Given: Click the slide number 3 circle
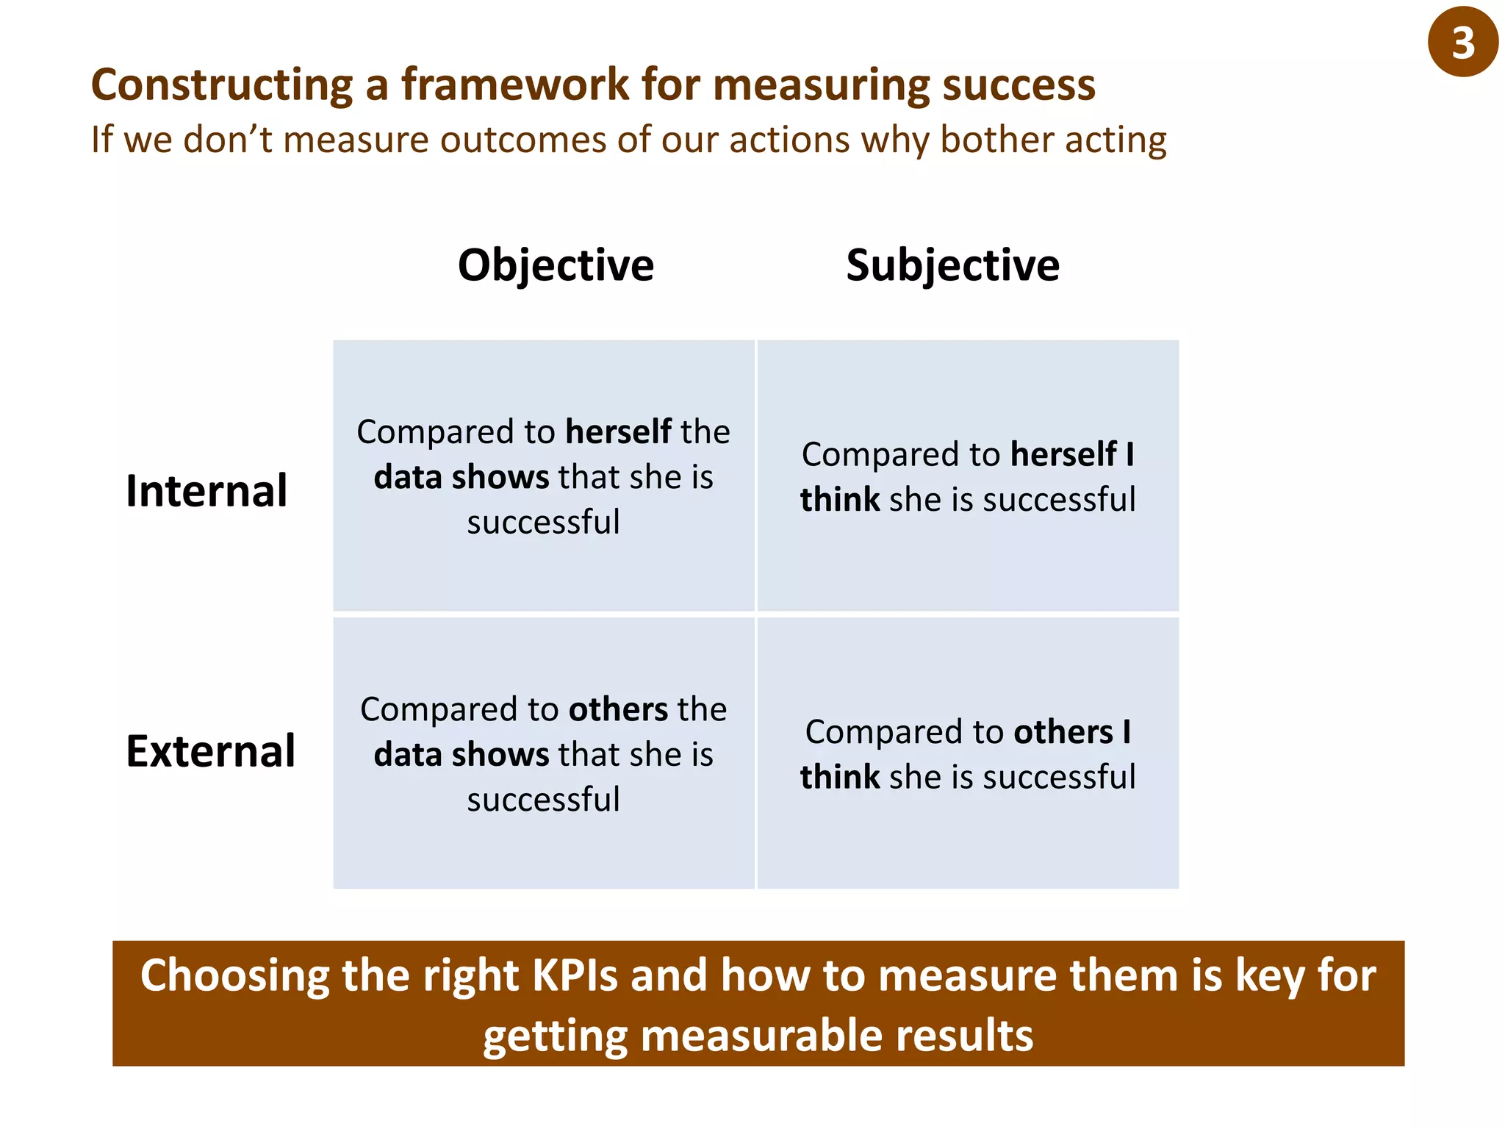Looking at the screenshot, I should (x=1462, y=42).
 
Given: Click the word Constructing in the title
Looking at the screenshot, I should (x=222, y=85).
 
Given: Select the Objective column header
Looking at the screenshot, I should (x=556, y=265).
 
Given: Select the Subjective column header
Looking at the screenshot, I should (x=952, y=265).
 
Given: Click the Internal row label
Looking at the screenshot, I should (x=206, y=491).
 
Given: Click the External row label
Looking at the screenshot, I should (x=210, y=751).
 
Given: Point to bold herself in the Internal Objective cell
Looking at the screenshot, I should (x=618, y=431).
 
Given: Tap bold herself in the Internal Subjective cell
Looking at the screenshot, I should (x=1063, y=454).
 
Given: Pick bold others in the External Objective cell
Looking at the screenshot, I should (x=618, y=709).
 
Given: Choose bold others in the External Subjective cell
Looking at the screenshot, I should (x=1063, y=732).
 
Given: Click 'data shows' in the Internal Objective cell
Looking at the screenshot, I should (x=461, y=477).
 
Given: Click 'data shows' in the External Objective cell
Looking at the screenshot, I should (x=461, y=755).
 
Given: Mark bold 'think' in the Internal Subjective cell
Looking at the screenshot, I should (x=840, y=500).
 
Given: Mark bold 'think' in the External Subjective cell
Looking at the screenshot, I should (x=840, y=777).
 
